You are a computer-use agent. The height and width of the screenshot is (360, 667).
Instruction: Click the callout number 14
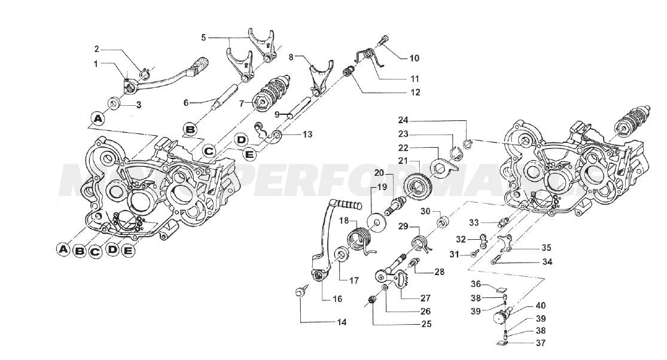[341, 322]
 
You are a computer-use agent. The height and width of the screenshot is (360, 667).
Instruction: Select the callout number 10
[414, 58]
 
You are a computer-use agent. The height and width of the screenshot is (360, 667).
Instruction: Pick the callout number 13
[307, 135]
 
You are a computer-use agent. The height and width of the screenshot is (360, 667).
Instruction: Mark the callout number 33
[474, 222]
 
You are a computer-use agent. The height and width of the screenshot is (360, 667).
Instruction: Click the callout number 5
[203, 37]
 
